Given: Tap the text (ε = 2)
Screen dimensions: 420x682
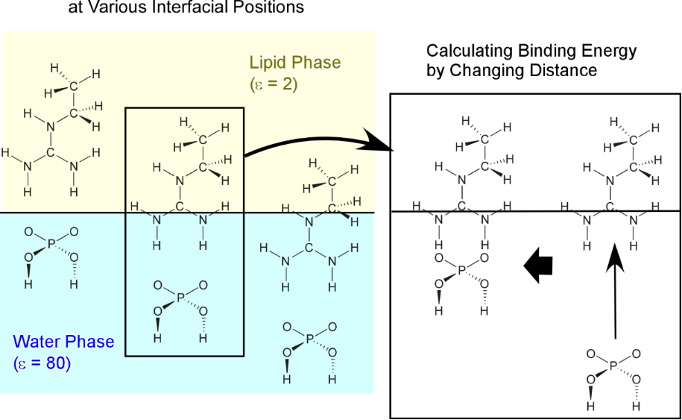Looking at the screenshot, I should pos(274,84).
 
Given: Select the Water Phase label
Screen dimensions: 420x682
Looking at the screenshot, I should pos(64,342).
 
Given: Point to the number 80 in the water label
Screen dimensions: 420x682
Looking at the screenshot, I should pos(54,365).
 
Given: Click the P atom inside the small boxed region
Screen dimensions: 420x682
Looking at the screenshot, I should pos(178,297).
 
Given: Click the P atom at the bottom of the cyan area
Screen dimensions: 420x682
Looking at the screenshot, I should pos(309,339).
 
